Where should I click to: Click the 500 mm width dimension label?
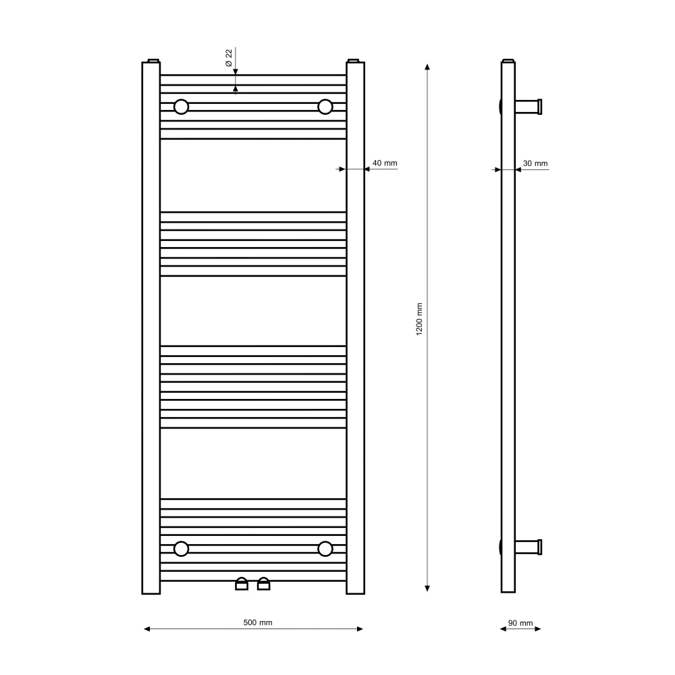[x=257, y=622]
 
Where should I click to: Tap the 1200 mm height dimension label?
[x=419, y=319]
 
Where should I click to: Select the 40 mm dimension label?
[x=385, y=163]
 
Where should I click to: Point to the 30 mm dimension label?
[x=535, y=163]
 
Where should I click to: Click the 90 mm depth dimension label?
[x=520, y=623]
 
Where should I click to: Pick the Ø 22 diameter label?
[x=229, y=57]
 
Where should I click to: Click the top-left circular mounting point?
[x=181, y=107]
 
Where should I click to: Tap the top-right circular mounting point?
[x=325, y=107]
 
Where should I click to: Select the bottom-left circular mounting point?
[x=181, y=549]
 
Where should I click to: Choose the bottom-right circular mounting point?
[x=325, y=549]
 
